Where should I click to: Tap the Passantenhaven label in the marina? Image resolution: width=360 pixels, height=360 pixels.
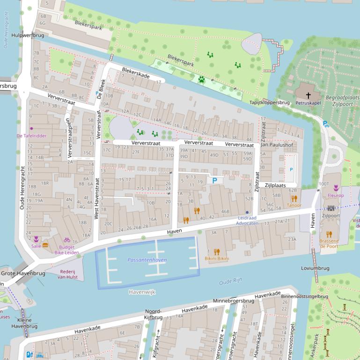[147, 260]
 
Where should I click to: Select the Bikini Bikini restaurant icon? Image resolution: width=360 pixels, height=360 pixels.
[216, 251]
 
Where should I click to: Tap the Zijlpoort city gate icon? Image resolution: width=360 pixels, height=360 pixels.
[331, 209]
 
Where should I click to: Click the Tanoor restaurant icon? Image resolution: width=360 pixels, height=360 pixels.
[294, 198]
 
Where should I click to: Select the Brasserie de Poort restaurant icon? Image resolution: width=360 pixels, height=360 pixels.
[329, 234]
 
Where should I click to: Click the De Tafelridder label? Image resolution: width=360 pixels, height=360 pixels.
[32, 136]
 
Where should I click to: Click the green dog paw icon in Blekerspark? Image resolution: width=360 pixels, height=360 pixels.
[201, 79]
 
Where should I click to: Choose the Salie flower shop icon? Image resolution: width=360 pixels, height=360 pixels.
[36, 239]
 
